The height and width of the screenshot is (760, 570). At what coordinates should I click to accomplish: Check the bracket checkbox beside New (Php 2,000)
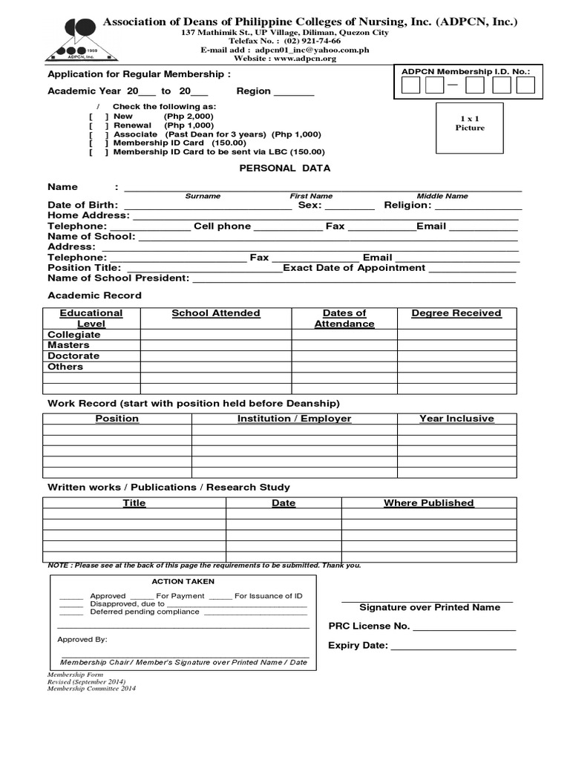[98, 117]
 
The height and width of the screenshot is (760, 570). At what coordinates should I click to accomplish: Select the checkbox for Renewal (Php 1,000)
[98, 125]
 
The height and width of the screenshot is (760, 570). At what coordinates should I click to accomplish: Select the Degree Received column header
[456, 313]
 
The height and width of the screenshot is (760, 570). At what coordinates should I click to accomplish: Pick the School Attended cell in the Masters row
[215, 345]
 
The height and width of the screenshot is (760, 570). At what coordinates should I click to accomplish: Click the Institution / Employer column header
[294, 419]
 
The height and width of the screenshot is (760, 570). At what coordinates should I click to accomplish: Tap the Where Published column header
[428, 503]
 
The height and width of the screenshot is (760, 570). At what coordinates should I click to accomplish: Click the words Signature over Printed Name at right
[430, 607]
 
